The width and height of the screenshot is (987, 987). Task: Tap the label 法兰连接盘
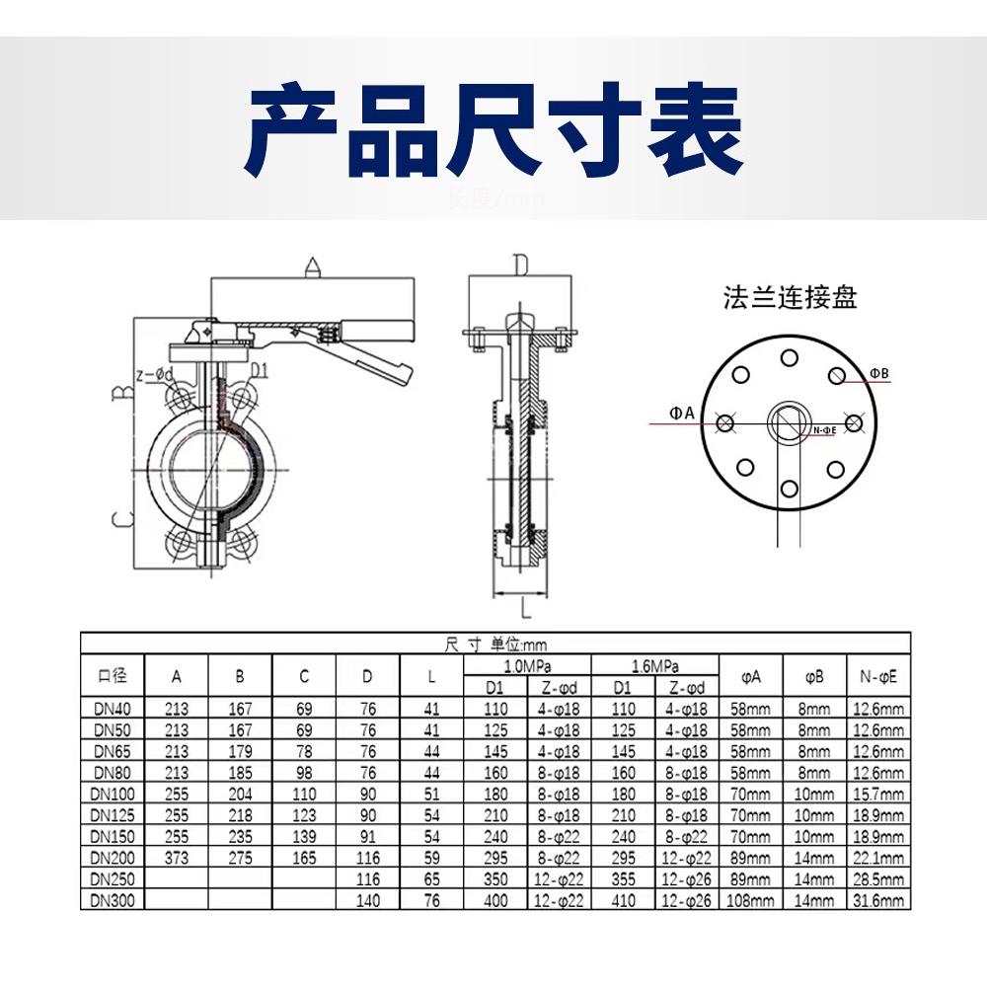coord(790,297)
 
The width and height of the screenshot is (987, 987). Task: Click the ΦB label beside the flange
coord(879,372)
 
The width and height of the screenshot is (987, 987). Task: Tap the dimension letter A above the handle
coord(313,266)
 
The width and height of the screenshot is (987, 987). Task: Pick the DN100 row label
coord(113,794)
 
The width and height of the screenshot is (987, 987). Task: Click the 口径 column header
coord(113,676)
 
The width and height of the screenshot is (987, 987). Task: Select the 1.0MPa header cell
coord(527,666)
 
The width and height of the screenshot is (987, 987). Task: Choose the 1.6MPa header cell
coord(655,666)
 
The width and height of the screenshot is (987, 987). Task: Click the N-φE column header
coord(877,676)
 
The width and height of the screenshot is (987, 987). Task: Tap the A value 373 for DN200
coord(177,858)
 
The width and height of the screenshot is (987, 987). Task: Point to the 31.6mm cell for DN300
coord(877,900)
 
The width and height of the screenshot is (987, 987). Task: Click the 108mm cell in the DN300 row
coord(750,900)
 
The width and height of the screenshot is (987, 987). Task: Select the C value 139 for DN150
coord(304,836)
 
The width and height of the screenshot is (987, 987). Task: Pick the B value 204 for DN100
coord(240,794)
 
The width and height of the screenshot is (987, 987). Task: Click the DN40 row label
coord(113,708)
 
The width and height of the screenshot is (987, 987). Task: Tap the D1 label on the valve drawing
coord(260,370)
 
